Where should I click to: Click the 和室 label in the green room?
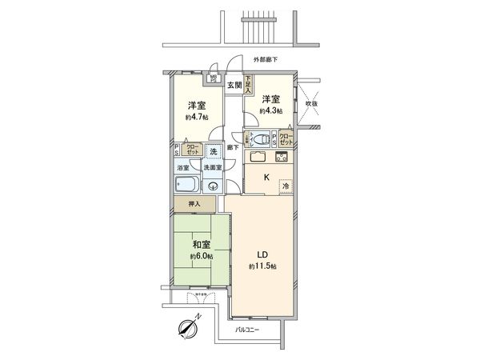pos(201,246)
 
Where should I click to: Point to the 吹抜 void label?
pos(311,103)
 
